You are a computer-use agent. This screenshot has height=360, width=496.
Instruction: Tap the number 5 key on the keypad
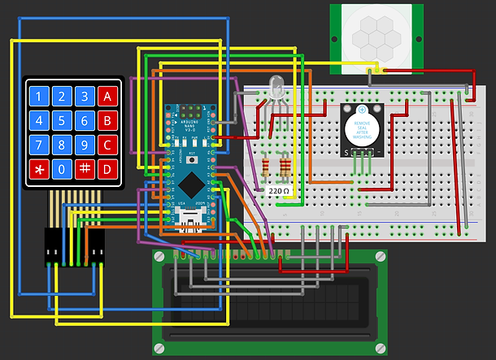pyautogui.click(x=61, y=122)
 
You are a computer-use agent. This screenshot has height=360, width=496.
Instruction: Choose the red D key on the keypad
pyautogui.click(x=106, y=169)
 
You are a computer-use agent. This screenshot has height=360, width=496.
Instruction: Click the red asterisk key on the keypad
pyautogui.click(x=38, y=169)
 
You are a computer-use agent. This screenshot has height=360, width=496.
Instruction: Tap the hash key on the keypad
pyautogui.click(x=84, y=169)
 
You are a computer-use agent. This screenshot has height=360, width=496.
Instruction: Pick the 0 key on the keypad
pyautogui.click(x=61, y=169)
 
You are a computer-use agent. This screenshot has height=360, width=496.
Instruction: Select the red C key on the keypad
pyautogui.click(x=106, y=145)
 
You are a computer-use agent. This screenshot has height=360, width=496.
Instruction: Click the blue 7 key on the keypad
pyautogui.click(x=38, y=145)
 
